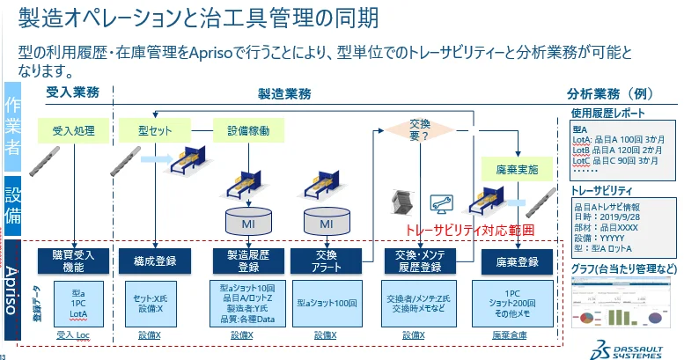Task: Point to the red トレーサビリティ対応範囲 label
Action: pos(469,230)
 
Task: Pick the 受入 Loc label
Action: pos(73,335)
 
